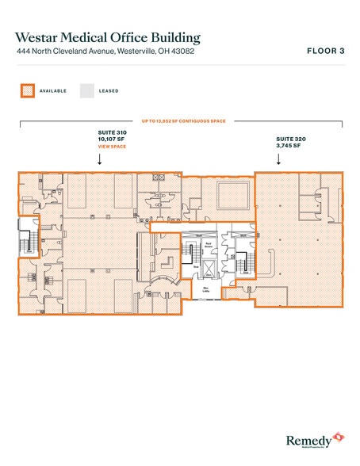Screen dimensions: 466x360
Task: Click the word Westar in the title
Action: [44, 36]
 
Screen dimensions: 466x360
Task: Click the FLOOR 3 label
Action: [325, 52]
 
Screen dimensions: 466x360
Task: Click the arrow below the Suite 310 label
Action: [99, 159]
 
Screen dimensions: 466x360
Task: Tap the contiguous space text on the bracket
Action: [182, 121]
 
